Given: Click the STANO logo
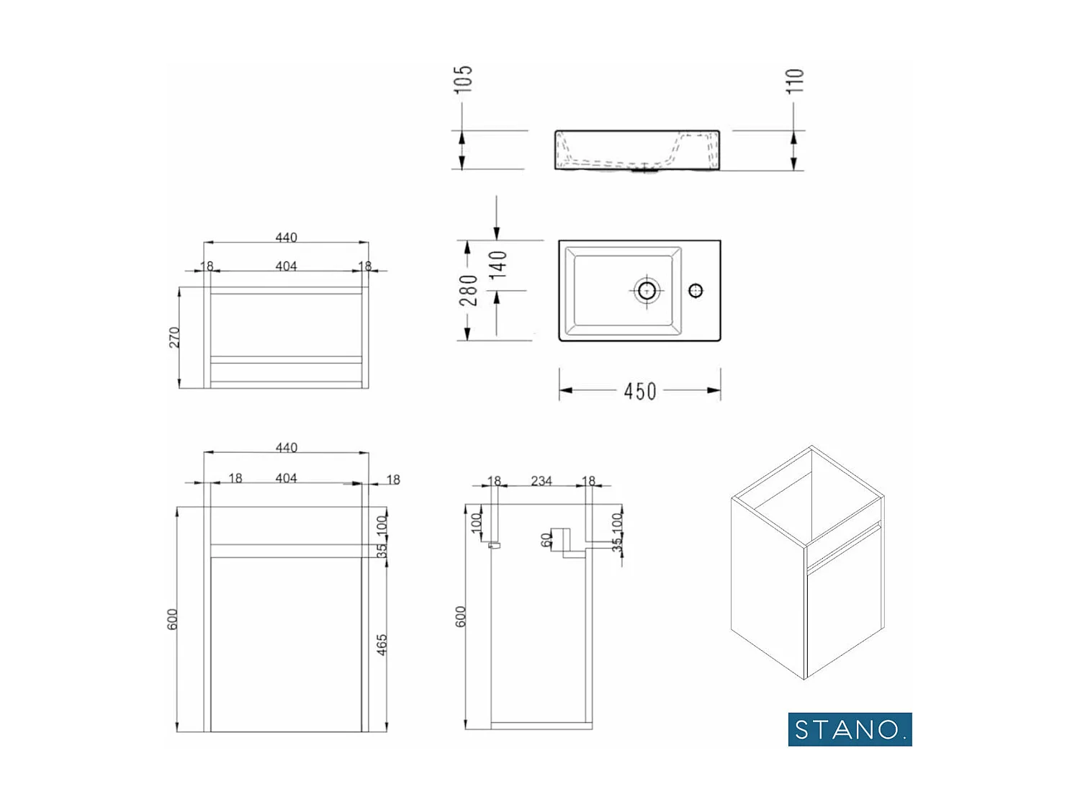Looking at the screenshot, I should coord(850,729).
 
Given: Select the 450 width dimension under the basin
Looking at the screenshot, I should coord(639,391).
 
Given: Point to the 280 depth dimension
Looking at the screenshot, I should coord(468,289).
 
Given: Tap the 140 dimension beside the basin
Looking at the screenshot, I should coord(498,264).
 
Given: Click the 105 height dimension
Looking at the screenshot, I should coord(463,78).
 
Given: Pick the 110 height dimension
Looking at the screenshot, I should coord(794,81).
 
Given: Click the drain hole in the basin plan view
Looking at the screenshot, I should coord(647,290).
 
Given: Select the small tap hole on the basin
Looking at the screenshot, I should coord(696,290).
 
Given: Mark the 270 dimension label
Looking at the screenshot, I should coord(174,337).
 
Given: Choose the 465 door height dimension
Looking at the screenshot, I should coord(382,644).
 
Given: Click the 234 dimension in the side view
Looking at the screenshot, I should coord(541,480).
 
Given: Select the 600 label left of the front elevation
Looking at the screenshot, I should coord(173,619).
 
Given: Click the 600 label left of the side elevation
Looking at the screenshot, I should coord(461,616).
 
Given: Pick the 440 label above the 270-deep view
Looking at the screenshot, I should coord(286,237).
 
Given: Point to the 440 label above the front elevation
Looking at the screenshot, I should coord(286,447).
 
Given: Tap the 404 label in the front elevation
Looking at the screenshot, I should coord(286,478).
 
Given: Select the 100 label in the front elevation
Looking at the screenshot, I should coord(382,524).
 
